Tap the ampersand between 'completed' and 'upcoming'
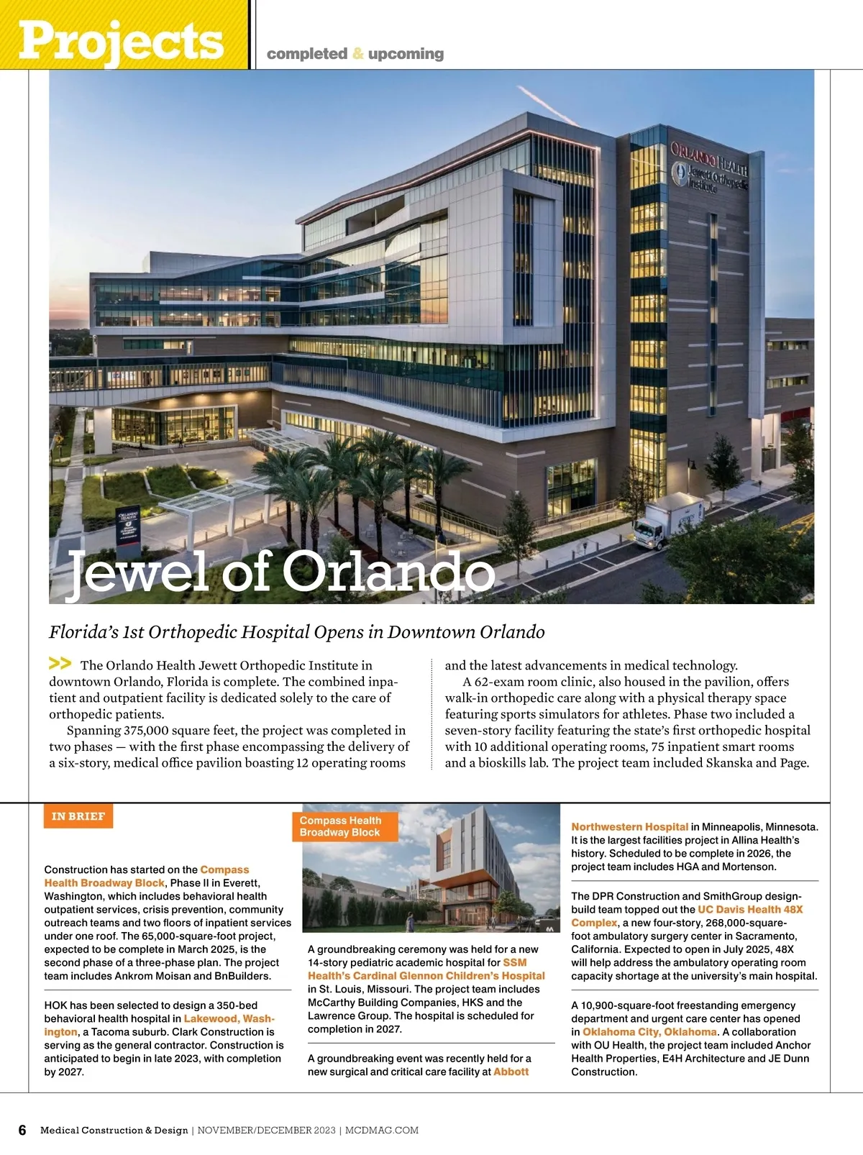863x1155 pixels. pyautogui.click(x=358, y=54)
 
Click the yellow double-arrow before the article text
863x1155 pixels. pyautogui.click(x=60, y=663)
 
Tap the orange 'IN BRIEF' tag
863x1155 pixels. pyautogui.click(x=78, y=816)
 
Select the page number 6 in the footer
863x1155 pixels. pyautogui.click(x=22, y=1130)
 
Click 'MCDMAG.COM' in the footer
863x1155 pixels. pyautogui.click(x=382, y=1131)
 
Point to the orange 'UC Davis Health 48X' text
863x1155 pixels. pyautogui.click(x=750, y=910)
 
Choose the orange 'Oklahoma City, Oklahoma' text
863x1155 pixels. pyautogui.click(x=649, y=1032)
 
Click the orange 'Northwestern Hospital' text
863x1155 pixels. pyautogui.click(x=629, y=827)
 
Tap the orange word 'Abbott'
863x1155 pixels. pyautogui.click(x=511, y=1072)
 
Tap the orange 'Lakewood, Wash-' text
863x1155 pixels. pyautogui.click(x=229, y=1019)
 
